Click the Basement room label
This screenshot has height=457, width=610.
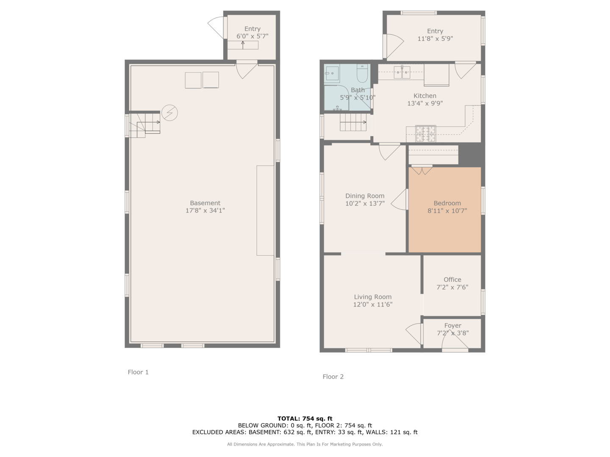(205, 203)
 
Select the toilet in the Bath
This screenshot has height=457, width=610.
(362, 74)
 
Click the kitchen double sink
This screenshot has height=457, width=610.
(402, 72)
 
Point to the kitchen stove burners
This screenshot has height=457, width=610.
(425, 133)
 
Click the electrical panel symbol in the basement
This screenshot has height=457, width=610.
(169, 113)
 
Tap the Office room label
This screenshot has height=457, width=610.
(452, 279)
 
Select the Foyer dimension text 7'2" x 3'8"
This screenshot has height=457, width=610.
(453, 333)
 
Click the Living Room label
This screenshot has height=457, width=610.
(373, 297)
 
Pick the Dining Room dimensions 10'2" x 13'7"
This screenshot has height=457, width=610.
(365, 204)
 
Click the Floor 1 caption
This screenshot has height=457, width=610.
(138, 372)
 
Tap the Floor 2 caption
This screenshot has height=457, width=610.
(333, 377)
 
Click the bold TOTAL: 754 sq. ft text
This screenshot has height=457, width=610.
(305, 418)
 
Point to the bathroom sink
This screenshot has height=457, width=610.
(332, 73)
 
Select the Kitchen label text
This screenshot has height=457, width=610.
(425, 96)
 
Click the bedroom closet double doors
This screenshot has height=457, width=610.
(422, 170)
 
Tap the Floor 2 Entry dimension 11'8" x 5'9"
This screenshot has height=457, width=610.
(435, 39)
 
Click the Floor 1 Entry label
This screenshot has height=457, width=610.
(252, 29)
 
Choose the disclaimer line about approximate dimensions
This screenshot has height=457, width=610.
(305, 444)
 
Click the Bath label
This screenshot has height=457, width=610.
(358, 90)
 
